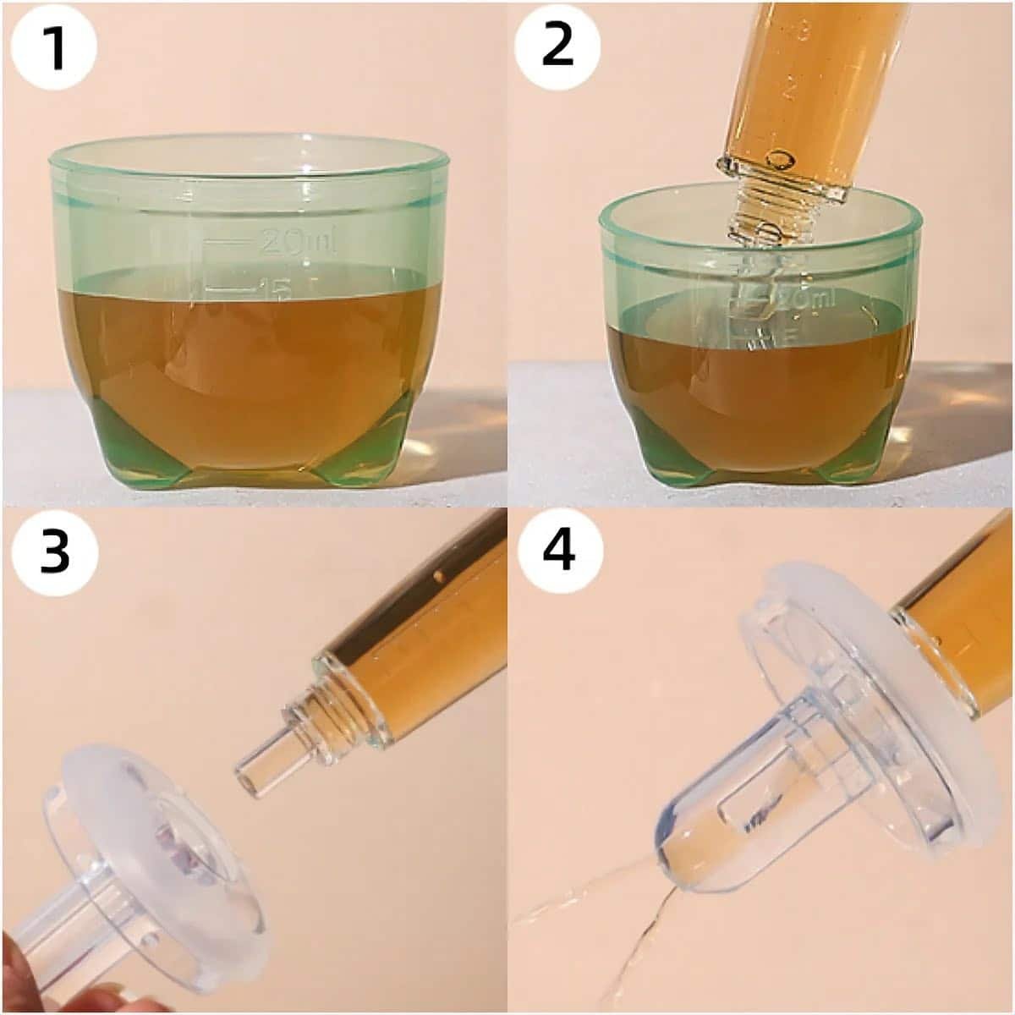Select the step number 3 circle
(x=55, y=554)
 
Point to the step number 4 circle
(x=559, y=554)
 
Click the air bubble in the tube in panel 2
(x=780, y=160)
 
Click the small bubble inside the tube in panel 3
(x=438, y=575)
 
